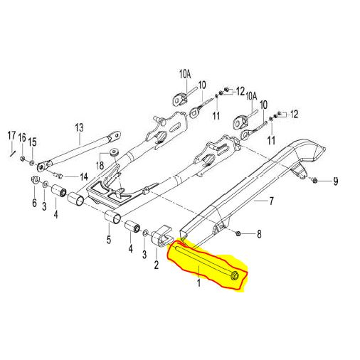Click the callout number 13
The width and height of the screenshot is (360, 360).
tap(80, 127)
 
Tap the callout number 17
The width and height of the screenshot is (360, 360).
tap(11, 136)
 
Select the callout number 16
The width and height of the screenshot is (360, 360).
tap(22, 137)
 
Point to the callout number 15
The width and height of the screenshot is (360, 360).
tap(33, 142)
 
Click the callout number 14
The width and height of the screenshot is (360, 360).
tap(84, 176)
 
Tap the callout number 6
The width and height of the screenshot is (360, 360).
tap(35, 203)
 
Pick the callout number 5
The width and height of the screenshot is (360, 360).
tap(109, 240)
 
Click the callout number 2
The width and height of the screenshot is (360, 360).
tap(156, 265)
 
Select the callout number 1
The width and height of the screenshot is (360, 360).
tap(198, 282)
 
